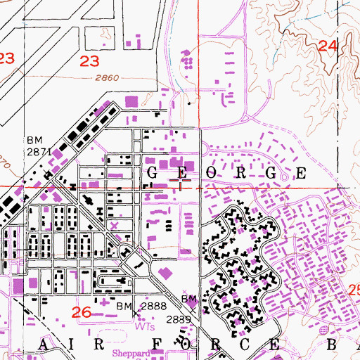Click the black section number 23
pos(89,62)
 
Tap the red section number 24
pos(328,46)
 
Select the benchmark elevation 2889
pos(179,319)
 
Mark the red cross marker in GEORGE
pos(180,184)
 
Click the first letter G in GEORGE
pos(153,173)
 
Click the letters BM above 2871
pos(35,141)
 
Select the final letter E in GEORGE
pos(300,173)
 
